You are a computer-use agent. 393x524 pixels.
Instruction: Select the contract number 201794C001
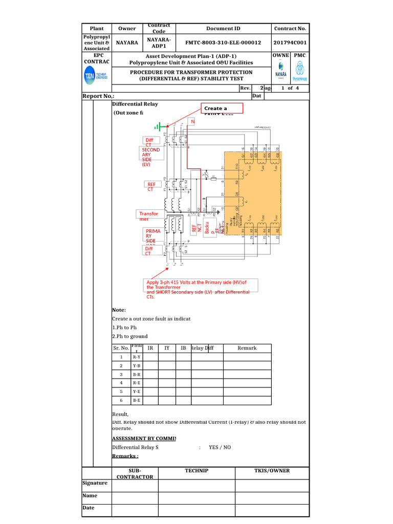[290, 43]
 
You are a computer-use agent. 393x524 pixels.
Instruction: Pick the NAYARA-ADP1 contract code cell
[159, 42]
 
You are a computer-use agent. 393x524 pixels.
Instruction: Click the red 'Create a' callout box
[222, 108]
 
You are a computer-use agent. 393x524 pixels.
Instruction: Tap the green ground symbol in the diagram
[160, 126]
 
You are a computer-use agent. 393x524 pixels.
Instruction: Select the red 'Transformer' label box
[148, 216]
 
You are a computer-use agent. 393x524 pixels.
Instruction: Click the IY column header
[167, 348]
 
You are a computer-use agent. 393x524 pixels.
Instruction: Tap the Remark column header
[247, 348]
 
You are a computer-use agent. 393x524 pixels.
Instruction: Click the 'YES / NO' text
[220, 447]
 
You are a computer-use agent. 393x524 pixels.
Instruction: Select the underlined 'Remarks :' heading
[125, 456]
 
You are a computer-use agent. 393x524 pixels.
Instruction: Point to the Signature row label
[95, 483]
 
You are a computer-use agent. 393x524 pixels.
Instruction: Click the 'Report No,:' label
[99, 96]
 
